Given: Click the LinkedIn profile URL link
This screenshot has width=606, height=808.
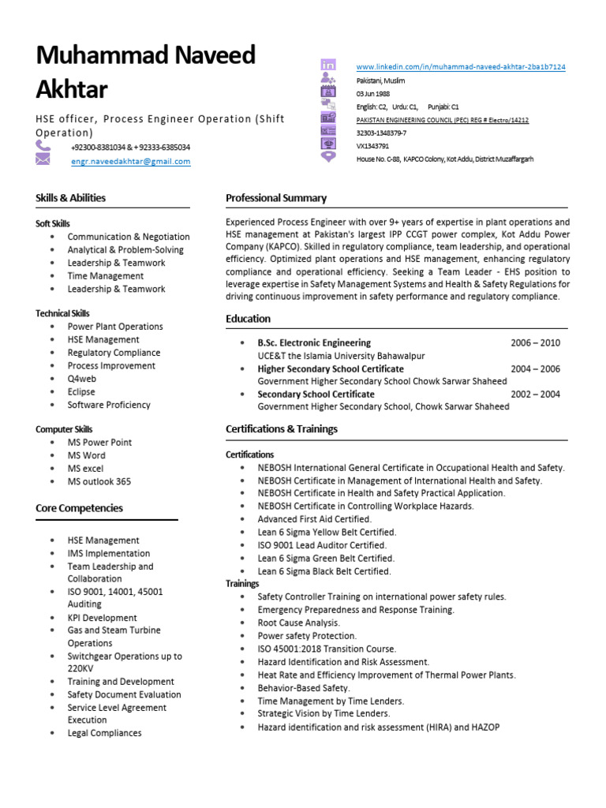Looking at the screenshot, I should click(x=461, y=67).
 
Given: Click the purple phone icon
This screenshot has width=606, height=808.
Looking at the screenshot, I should click(x=43, y=147).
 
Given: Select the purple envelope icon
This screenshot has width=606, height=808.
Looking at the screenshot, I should click(x=43, y=160).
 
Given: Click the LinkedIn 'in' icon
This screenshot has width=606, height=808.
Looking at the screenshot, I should click(x=328, y=65).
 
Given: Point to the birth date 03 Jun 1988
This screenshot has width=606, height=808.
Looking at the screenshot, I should click(x=373, y=93).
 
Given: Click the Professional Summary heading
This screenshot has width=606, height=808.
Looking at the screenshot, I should click(x=276, y=198).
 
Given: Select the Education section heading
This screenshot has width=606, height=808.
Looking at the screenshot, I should click(x=248, y=319).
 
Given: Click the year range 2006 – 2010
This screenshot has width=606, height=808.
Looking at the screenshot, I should click(x=535, y=343).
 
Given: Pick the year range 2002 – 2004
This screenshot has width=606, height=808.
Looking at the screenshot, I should click(x=535, y=394).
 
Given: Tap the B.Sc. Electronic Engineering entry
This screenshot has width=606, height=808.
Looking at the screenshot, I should click(x=314, y=343).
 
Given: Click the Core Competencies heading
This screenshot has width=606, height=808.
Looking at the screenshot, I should click(x=79, y=508).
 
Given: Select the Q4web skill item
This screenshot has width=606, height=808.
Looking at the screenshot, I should click(x=82, y=379).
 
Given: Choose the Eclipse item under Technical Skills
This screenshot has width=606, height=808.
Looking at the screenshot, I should click(x=81, y=391).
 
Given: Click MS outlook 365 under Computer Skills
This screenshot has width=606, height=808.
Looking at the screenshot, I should click(x=99, y=481).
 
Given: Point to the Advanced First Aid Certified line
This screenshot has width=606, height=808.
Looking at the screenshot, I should click(x=314, y=519).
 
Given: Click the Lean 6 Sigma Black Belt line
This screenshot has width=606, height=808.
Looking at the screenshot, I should click(x=324, y=571).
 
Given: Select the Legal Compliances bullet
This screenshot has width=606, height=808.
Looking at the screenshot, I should click(x=104, y=733).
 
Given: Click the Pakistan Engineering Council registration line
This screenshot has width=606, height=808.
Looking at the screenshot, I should click(x=443, y=120).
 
